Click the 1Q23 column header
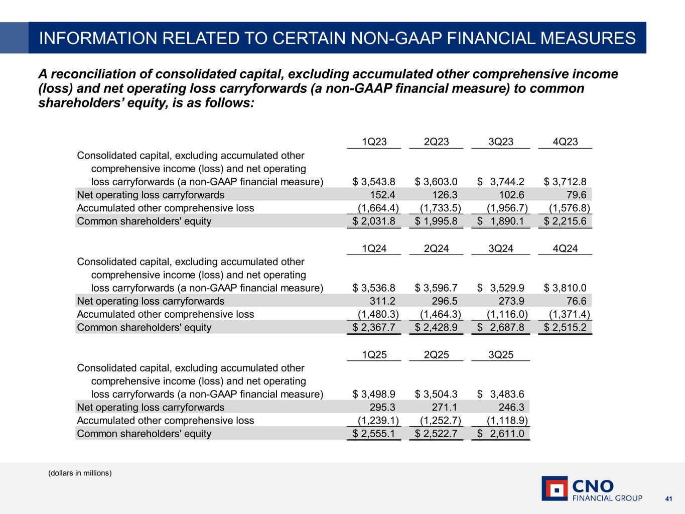[374, 142]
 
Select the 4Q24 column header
[565, 248]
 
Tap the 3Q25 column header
[501, 354]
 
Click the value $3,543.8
[374, 182]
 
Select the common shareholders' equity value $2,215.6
[565, 221]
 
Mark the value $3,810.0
[565, 288]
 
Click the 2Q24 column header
[436, 248]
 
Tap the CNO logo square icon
[555, 488]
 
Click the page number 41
[668, 498]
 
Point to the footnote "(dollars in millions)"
[80, 473]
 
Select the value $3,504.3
[436, 395]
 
